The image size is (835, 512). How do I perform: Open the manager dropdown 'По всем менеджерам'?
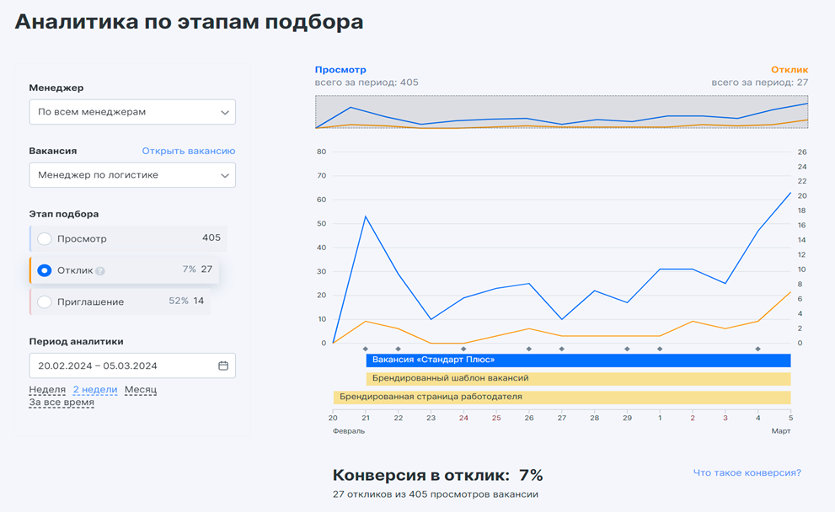(x=132, y=112)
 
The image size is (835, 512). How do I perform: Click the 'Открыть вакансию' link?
(x=188, y=151)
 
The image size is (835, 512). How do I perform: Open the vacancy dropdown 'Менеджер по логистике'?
(x=132, y=175)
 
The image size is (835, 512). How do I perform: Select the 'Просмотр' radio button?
(x=45, y=239)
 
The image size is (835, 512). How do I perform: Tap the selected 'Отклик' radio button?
(x=45, y=270)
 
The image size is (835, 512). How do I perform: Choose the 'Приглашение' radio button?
(x=45, y=302)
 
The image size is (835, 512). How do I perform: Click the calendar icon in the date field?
(x=223, y=365)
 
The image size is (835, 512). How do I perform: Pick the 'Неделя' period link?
(x=47, y=390)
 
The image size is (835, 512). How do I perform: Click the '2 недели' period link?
(x=95, y=390)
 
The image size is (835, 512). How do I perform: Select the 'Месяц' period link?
(x=141, y=390)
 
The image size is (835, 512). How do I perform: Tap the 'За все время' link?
(x=62, y=403)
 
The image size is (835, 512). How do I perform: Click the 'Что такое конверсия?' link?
(x=747, y=472)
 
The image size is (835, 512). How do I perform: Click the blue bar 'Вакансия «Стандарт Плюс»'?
(x=578, y=360)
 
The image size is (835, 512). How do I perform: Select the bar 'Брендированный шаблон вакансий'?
(x=578, y=379)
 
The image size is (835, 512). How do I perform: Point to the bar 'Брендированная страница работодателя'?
(x=561, y=397)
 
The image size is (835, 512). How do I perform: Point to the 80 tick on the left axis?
(x=321, y=152)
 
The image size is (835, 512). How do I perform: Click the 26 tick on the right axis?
(x=801, y=152)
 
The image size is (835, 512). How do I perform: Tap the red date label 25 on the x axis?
(x=496, y=418)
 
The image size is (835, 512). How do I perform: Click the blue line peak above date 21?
(x=366, y=216)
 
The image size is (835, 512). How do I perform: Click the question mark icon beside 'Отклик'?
(x=100, y=271)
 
